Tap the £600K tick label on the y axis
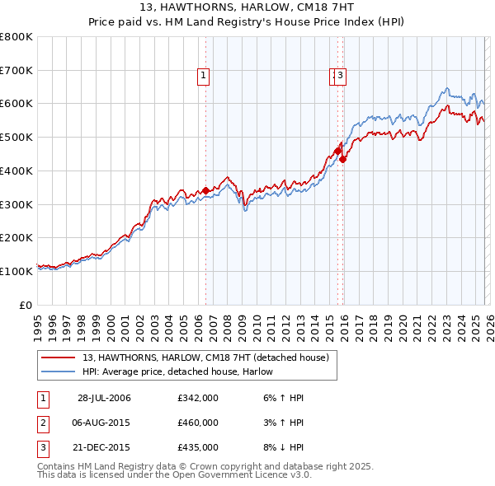16,104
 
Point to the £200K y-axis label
16,237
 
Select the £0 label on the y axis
26,304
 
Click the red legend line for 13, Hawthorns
58,357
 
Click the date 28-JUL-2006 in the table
104,399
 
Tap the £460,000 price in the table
198,423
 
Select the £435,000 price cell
198,447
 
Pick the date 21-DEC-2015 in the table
104,447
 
